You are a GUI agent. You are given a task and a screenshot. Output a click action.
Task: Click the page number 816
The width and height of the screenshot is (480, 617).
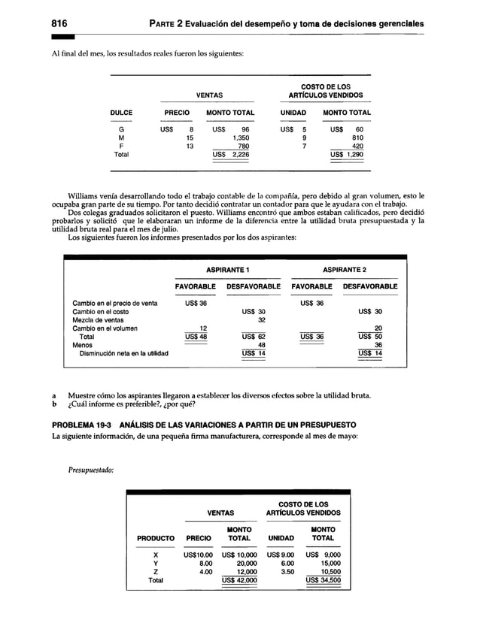(x=59, y=22)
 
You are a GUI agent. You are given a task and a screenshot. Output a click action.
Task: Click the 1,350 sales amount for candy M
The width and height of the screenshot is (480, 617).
(x=241, y=138)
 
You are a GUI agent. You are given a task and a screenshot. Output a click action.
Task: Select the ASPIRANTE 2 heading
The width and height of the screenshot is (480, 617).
(x=345, y=269)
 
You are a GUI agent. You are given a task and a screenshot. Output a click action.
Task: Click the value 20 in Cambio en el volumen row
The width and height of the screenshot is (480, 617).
(x=378, y=328)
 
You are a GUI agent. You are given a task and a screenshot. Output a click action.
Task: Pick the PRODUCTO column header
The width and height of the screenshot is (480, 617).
(x=156, y=539)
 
